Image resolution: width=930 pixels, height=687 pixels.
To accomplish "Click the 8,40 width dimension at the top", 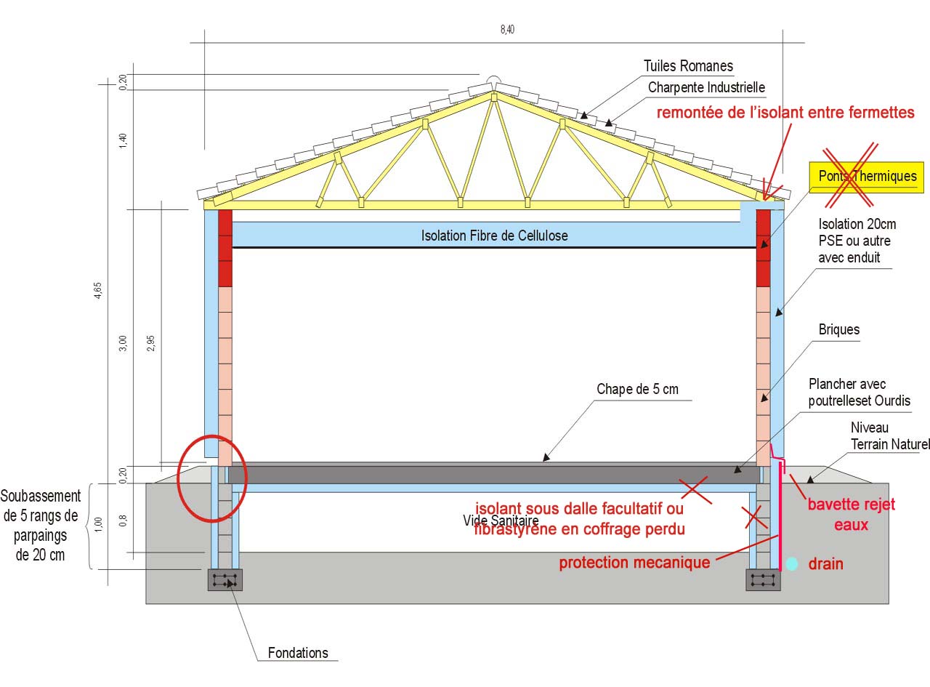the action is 507,29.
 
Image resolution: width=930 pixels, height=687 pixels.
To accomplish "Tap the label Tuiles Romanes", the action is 688,66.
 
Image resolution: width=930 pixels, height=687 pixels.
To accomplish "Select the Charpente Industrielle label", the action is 707,88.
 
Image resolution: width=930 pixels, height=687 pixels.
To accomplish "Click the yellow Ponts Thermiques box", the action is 867,176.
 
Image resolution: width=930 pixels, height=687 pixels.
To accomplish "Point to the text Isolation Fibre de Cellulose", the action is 494,236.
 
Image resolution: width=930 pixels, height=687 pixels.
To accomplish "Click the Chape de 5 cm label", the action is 637,390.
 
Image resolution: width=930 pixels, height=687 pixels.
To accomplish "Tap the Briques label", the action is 839,329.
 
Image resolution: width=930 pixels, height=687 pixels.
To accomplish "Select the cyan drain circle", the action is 792,563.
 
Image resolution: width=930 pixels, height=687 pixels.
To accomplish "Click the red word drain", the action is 826,563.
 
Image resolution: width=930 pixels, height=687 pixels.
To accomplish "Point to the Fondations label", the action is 298,653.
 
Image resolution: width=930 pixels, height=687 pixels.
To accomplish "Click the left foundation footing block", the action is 225,579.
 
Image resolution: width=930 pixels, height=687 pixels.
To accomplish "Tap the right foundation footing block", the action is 763,579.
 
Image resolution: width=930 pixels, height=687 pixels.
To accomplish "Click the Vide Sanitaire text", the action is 501,521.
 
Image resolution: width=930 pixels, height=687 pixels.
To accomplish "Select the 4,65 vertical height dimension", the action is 98,297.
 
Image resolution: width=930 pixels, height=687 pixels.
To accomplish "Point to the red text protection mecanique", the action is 634,563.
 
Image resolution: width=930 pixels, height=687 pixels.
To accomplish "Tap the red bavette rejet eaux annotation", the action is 851,514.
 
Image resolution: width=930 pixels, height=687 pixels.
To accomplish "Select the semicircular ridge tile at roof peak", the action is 493,82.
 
